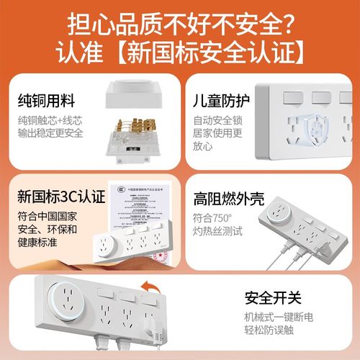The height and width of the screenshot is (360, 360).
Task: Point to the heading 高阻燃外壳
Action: (x=228, y=199)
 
